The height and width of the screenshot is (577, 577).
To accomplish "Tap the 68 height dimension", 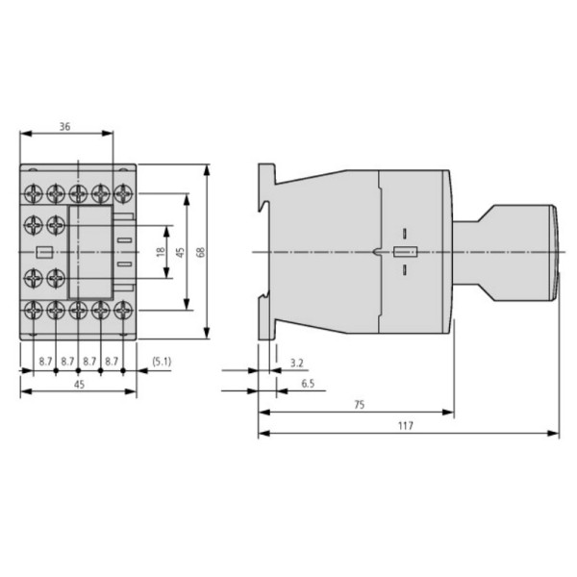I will click(x=200, y=252).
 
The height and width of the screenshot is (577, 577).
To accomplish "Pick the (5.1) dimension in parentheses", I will click(x=161, y=362).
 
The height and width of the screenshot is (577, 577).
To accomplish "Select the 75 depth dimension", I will click(x=359, y=405).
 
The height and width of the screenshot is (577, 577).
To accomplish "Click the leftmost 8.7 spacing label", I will click(x=45, y=362).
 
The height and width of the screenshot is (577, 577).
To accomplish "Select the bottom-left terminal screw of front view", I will click(x=34, y=310).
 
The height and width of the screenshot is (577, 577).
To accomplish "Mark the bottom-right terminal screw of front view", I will click(x=122, y=310).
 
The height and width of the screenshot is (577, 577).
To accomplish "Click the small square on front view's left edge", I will click(x=41, y=253).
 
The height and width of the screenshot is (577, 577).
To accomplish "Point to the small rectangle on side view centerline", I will click(x=404, y=253).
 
